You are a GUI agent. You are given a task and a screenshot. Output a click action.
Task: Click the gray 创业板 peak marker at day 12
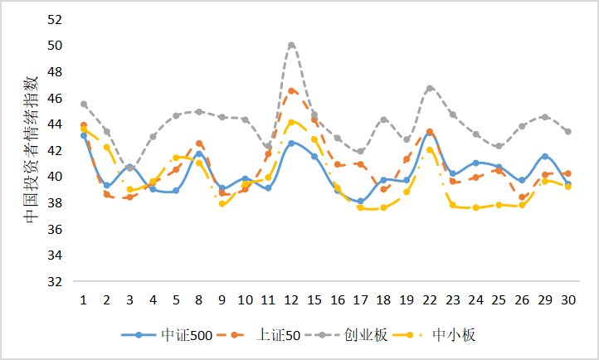pyautogui.click(x=291, y=45)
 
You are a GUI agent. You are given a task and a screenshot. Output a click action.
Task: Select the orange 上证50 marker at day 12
pyautogui.click(x=291, y=90)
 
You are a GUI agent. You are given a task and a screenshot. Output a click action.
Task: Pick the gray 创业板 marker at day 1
pyautogui.click(x=84, y=105)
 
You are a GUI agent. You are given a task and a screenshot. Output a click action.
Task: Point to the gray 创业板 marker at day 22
pyautogui.click(x=430, y=88)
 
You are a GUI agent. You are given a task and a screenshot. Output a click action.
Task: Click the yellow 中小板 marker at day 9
pyautogui.click(x=222, y=203)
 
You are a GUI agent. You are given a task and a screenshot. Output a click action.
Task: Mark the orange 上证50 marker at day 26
pyautogui.click(x=522, y=197)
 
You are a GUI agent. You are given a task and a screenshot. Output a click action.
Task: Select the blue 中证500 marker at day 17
pyautogui.click(x=360, y=201)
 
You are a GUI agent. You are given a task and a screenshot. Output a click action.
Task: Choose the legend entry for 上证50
pyautogui.click(x=267, y=335)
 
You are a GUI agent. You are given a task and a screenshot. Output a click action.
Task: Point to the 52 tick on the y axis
pyautogui.click(x=57, y=18)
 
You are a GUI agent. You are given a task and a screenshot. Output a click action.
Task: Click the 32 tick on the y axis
pyautogui.click(x=57, y=282)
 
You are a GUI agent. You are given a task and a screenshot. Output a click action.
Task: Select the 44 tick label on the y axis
pyautogui.click(x=57, y=124)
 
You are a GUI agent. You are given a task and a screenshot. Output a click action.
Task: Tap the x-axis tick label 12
pyautogui.click(x=291, y=299)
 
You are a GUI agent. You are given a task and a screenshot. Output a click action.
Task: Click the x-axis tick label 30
pyautogui.click(x=567, y=299)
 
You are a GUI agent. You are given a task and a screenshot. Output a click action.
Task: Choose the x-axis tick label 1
pyautogui.click(x=84, y=299)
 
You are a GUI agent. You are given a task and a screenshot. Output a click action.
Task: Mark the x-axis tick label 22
pyautogui.click(x=430, y=299)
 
